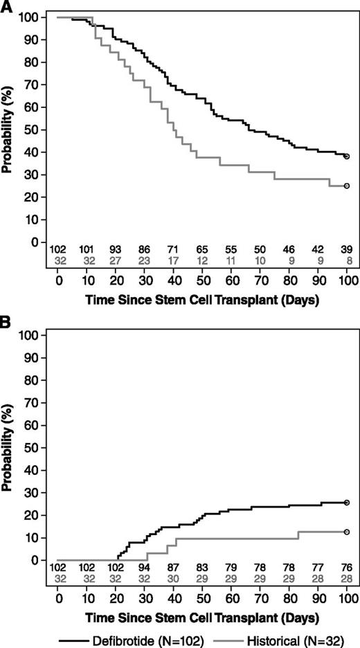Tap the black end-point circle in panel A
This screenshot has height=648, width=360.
pos(347,156)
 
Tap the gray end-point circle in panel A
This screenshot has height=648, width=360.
pos(347,186)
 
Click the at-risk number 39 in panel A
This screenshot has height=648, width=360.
pos(347,248)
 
